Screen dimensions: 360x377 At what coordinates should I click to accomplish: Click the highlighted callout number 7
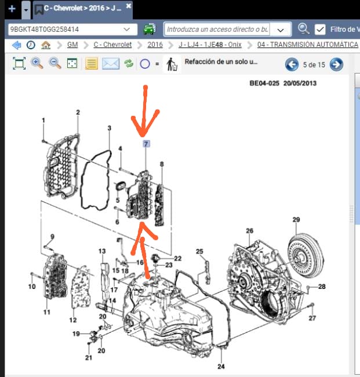click(146, 144)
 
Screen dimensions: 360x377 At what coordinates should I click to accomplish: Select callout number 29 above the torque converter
click(296, 219)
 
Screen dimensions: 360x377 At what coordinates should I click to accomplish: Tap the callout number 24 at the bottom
click(221, 367)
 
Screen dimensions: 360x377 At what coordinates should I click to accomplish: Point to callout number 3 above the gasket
click(110, 128)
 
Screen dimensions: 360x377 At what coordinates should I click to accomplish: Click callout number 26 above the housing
click(249, 230)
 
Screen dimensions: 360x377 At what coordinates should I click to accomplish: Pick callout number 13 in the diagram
click(102, 251)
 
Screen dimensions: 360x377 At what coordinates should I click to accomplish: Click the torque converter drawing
click(306, 256)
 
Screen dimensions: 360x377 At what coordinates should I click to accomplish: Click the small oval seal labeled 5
click(121, 186)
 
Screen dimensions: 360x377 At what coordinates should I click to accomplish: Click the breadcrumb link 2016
click(155, 45)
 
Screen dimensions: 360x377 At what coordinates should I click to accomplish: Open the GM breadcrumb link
click(72, 45)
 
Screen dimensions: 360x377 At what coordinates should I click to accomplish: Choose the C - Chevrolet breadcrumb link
click(112, 45)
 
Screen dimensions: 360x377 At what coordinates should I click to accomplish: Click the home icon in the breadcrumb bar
click(46, 45)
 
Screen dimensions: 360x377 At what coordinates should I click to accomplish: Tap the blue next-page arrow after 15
click(336, 64)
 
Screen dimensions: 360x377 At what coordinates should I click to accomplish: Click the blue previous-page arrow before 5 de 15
click(292, 64)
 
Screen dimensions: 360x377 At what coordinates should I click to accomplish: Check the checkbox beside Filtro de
click(320, 30)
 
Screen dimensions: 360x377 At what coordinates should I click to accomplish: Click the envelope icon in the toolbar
click(111, 64)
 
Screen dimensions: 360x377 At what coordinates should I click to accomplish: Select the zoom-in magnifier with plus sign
click(37, 64)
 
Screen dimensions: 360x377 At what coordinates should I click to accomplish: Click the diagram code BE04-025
click(264, 83)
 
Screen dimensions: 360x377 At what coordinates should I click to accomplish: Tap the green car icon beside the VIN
click(150, 29)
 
